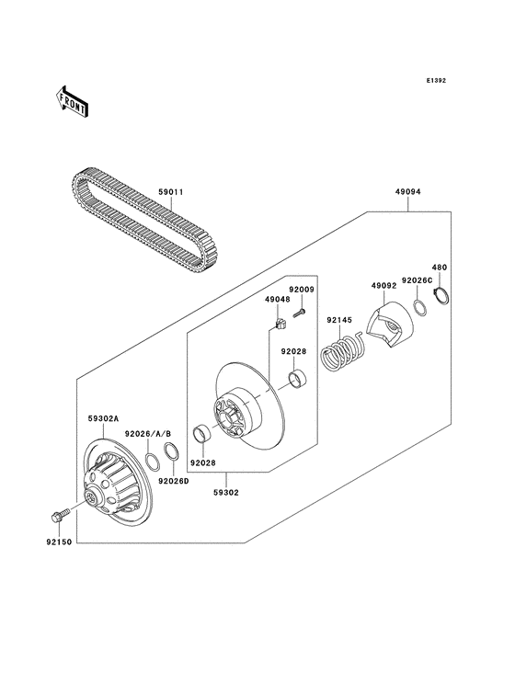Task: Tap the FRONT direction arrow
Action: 73,100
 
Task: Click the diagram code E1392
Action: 435,81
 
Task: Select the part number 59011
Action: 171,192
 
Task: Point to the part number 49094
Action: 408,192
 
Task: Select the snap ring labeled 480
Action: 440,296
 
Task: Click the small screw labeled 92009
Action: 300,315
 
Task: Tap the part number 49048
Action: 277,299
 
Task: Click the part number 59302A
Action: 103,417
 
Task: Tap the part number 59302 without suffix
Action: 226,492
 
